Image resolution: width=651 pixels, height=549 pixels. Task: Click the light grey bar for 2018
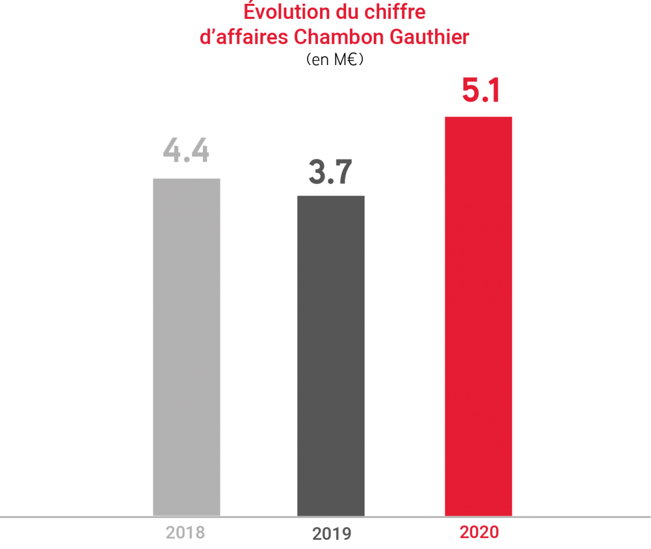(x=186, y=347)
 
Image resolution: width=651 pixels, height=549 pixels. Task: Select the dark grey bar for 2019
(x=331, y=355)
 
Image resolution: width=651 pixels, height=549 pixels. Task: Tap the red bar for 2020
(x=478, y=316)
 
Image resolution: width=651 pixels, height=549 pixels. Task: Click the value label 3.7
(x=330, y=172)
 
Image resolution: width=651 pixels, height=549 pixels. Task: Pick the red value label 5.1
(x=481, y=90)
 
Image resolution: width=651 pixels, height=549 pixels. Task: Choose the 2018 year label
(x=186, y=532)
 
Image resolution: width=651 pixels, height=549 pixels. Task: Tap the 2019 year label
(x=331, y=534)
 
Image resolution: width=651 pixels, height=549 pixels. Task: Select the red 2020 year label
(x=479, y=532)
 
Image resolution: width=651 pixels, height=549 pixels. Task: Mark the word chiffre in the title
(x=391, y=12)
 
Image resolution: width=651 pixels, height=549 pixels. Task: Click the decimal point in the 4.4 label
(x=186, y=160)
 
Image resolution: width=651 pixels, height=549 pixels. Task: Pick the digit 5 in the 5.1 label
(x=471, y=90)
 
